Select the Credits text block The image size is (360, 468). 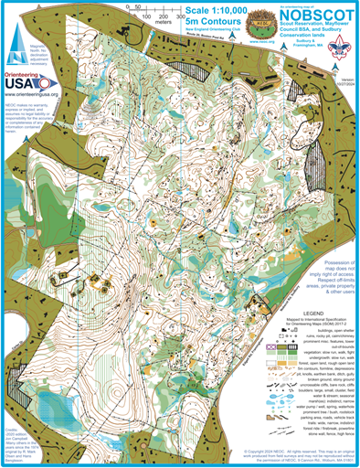pyautogui.click(x=19, y=436)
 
